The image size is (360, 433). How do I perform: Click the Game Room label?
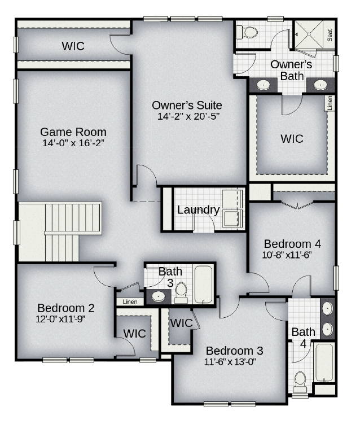[x=73, y=132]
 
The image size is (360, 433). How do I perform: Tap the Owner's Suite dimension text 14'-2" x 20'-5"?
[x=188, y=116]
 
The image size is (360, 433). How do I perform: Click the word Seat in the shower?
[x=330, y=35]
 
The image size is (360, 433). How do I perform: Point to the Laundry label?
[x=198, y=210]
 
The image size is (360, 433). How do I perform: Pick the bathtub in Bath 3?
[x=204, y=284]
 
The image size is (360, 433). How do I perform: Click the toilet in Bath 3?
[x=181, y=293]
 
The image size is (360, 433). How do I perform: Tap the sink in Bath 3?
[x=159, y=296]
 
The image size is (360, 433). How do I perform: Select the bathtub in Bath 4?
[x=324, y=362]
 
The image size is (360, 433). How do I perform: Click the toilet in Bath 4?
[x=300, y=382]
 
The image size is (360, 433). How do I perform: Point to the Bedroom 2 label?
[x=65, y=308]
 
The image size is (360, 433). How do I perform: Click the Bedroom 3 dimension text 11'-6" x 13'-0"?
[x=230, y=362]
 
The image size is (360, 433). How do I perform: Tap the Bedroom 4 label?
[x=292, y=244]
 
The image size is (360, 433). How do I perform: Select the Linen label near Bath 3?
[x=130, y=301]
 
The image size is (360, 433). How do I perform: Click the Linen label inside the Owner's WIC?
[x=330, y=103]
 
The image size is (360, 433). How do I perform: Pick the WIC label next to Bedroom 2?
[x=134, y=334]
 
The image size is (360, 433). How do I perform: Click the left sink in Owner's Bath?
[x=264, y=85]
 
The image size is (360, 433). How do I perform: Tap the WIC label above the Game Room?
[x=73, y=46]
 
